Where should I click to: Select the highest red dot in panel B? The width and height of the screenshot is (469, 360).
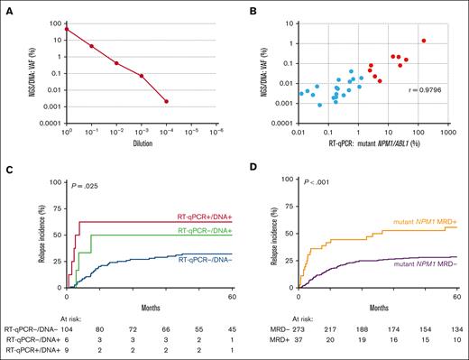pos(424,40)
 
